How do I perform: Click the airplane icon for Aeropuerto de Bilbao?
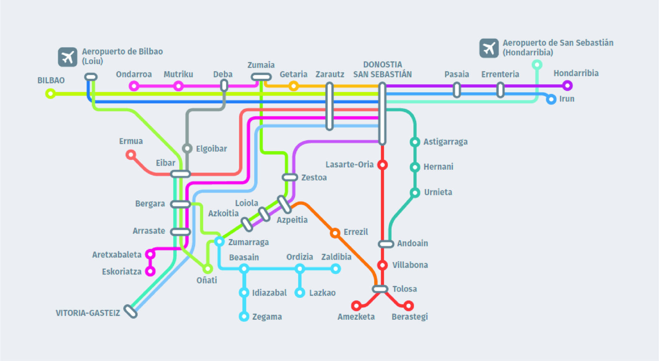68,57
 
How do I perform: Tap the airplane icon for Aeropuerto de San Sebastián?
489,48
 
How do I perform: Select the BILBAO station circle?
50,94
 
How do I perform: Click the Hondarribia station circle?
568,86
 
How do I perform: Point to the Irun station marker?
551,99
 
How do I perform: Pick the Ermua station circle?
131,155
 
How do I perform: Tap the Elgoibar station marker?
187,148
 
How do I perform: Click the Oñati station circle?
208,269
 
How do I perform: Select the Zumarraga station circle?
219,241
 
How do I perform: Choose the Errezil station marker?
335,233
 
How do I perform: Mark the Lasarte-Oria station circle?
383,165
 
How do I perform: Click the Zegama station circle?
244,316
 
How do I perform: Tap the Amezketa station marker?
356,305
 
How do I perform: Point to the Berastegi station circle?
408,306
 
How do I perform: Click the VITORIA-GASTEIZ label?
88,313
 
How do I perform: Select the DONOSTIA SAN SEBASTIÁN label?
382,69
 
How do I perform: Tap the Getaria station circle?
293,86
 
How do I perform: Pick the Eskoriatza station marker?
150,271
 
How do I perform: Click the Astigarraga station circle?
415,142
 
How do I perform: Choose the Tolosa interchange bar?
380,289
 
